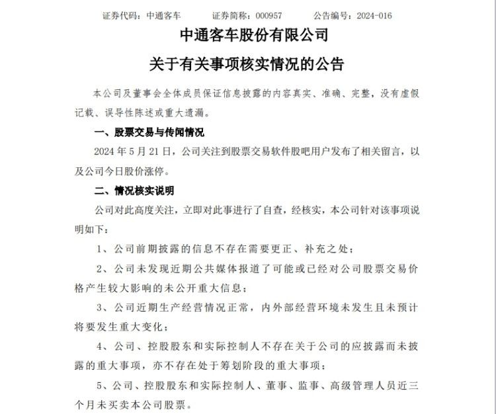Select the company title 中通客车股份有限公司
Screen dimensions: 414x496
point(247,37)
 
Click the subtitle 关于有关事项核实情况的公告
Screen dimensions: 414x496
point(247,65)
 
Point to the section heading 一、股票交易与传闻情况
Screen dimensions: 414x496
point(149,133)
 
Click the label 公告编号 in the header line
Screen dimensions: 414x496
point(325,15)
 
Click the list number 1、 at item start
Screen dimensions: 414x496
point(102,249)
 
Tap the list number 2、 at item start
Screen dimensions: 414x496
point(102,269)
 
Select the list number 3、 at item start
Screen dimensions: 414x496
point(102,308)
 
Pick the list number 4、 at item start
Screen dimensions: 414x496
point(102,346)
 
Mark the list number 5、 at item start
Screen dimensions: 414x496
point(102,384)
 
